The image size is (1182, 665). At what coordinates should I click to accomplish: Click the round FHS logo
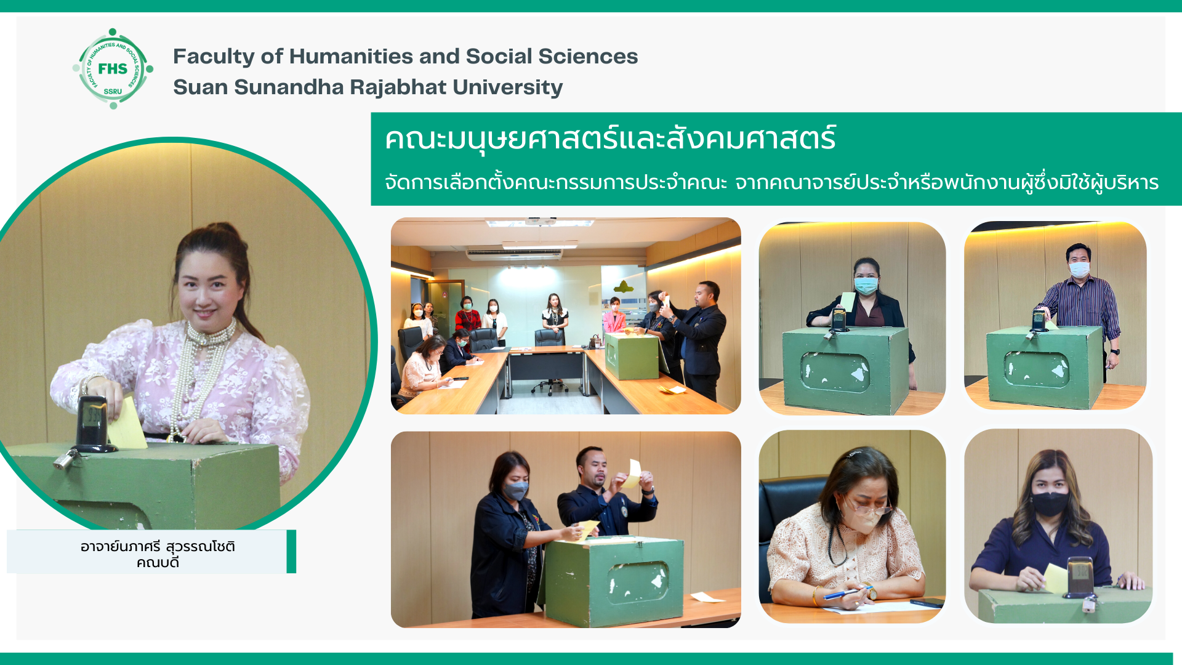click(113, 68)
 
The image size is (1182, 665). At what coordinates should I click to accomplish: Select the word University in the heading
click(505, 87)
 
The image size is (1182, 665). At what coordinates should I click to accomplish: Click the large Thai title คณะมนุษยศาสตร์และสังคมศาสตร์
click(610, 138)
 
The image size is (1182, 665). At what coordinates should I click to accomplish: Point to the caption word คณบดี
click(158, 562)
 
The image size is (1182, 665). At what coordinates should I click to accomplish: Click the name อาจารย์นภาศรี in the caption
click(120, 547)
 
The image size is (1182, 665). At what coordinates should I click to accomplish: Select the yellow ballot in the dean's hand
click(127, 424)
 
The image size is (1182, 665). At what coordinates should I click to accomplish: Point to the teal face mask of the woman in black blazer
click(866, 285)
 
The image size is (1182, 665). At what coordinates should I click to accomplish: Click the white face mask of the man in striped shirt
click(1079, 269)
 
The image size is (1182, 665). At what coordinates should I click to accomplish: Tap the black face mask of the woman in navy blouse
click(1050, 503)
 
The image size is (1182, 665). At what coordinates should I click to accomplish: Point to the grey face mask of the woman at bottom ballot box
click(516, 490)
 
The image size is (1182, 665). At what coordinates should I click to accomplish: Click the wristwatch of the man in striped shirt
click(1116, 352)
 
